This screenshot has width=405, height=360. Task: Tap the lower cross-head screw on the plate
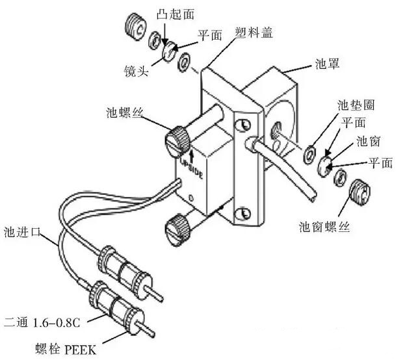click(x=244, y=212)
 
